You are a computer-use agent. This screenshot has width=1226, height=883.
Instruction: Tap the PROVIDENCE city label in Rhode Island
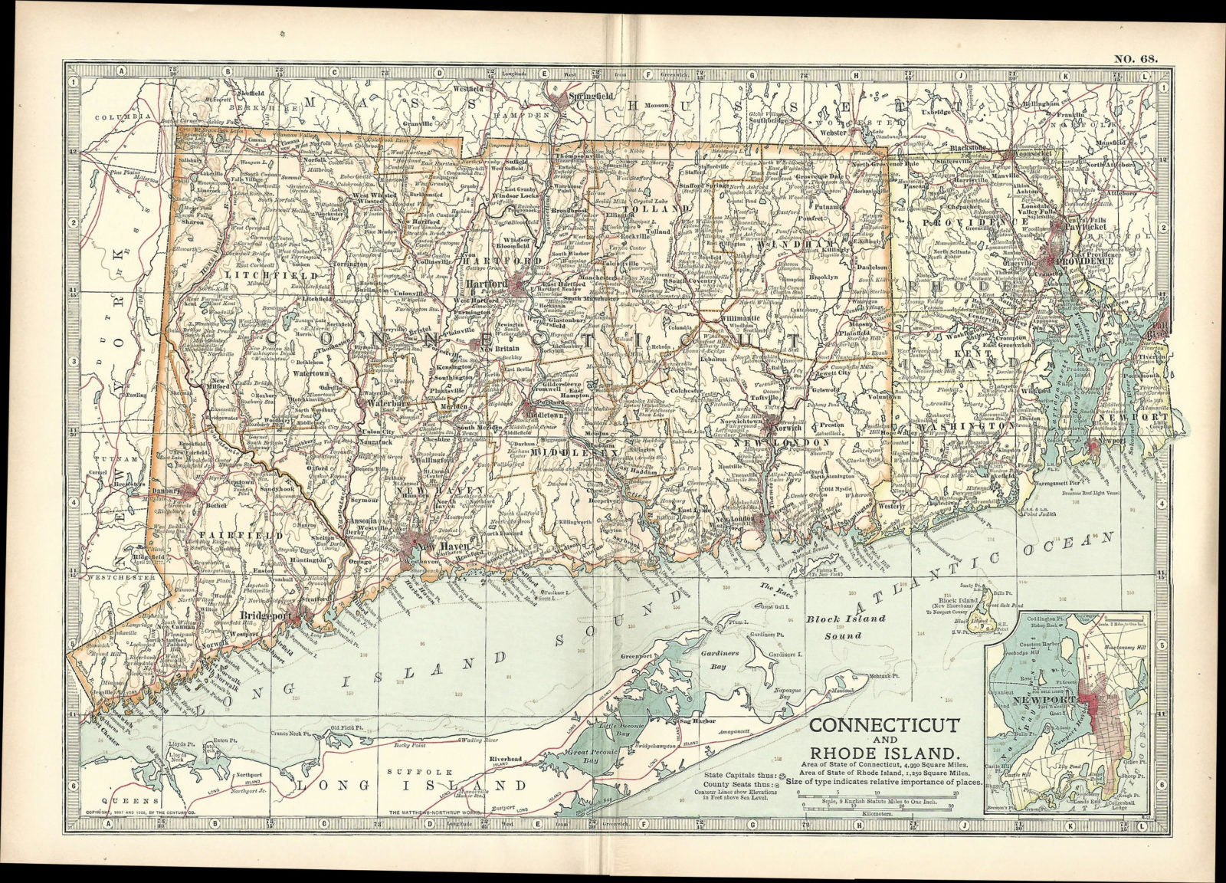[x=1088, y=261]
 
